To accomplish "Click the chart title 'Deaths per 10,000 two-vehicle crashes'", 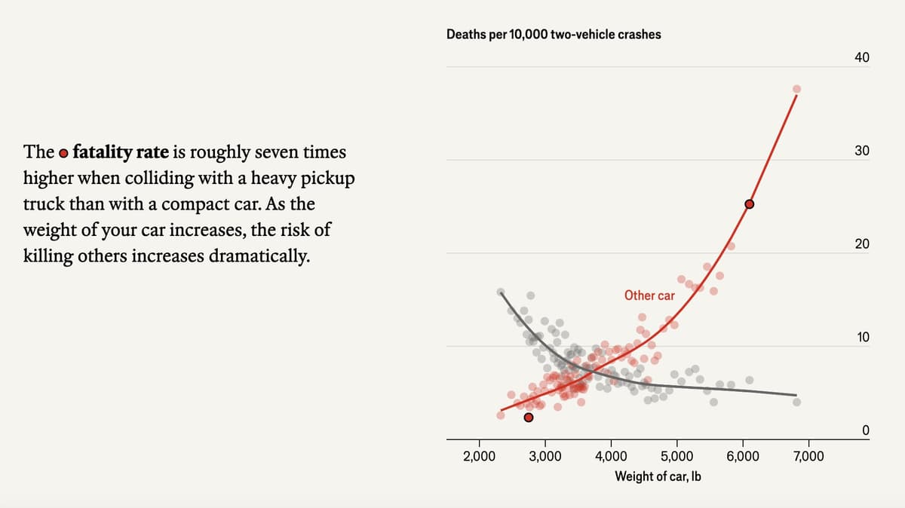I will tap(554, 34).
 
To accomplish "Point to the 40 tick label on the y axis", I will tap(862, 58).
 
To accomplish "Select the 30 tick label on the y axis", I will tap(862, 151).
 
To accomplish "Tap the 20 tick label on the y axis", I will tap(862, 244).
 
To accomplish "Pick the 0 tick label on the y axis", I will tap(866, 430).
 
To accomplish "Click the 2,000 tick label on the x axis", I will tap(479, 456).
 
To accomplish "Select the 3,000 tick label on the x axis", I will tap(545, 456).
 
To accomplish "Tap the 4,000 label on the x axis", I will tap(611, 456).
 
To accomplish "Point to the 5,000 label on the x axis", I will tap(676, 456).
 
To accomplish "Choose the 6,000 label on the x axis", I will tap(743, 456).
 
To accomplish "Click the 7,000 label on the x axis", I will tap(808, 456).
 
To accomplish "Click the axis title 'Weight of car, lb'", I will tap(658, 476).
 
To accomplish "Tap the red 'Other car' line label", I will tap(649, 295).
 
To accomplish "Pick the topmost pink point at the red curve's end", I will tap(796, 89).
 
